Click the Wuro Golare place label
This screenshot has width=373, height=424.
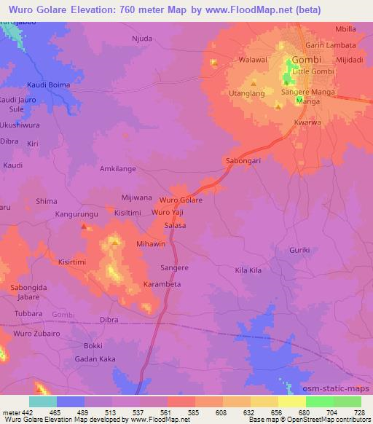pyautogui.click(x=180, y=200)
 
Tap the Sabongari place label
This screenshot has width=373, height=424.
pyautogui.click(x=242, y=159)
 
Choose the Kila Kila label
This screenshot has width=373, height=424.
pyautogui.click(x=248, y=270)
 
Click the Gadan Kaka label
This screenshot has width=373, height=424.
pyautogui.click(x=92, y=360)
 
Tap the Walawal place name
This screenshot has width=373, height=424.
pyautogui.click(x=254, y=61)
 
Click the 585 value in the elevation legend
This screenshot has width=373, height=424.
pyautogui.click(x=192, y=412)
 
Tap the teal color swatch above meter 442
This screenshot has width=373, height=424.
pyautogui.click(x=42, y=401)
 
